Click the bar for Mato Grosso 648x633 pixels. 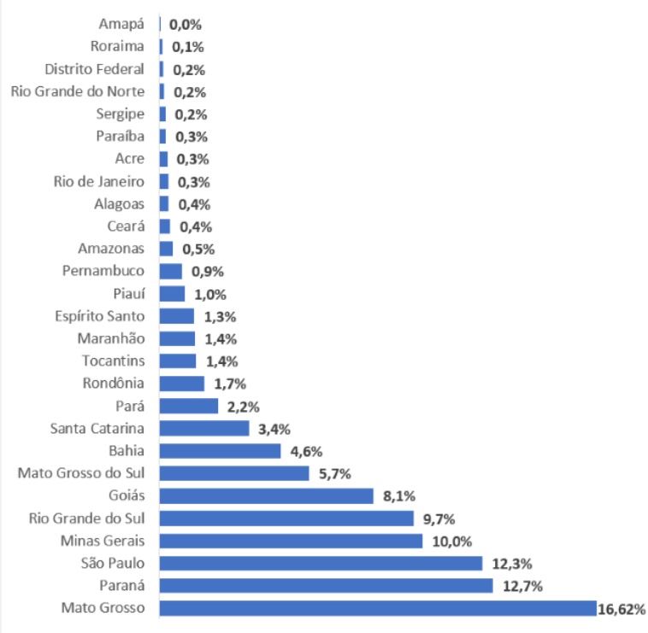[377, 608]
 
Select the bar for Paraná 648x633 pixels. [326, 585]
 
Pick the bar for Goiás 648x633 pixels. [266, 495]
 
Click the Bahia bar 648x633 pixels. [220, 451]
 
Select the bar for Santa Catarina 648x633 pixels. [203, 428]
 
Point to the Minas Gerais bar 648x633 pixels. [291, 541]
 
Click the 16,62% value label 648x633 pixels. [621, 609]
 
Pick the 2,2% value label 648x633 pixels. [243, 407]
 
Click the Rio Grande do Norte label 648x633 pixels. [78, 91]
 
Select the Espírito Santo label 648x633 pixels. [99, 317]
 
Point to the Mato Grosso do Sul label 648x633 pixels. [81, 473]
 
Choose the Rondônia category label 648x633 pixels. [114, 384]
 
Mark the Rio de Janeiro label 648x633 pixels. [99, 181]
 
